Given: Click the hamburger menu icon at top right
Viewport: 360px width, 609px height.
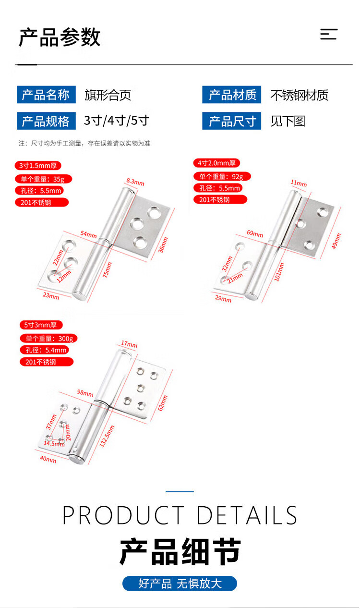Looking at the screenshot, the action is pos(329,34).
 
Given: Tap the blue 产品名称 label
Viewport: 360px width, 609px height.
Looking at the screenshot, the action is pos(46,95).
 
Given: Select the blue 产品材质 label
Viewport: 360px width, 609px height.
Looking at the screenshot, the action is pos(231,95).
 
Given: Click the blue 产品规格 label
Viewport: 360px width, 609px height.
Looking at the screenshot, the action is pos(46,121).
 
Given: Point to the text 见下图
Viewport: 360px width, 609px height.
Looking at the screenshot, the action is pos(288,121).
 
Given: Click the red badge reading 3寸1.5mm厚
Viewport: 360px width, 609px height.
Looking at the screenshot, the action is pos(38,165).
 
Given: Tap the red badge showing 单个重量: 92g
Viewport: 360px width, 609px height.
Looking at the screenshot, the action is pos(222,176).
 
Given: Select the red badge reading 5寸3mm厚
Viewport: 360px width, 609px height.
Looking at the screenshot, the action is pos(41,325).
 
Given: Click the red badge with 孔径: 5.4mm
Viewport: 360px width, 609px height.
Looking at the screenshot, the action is pos(44,350).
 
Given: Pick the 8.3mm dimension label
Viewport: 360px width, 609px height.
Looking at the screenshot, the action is pos(135,182).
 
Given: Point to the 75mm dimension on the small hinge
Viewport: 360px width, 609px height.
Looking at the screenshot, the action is pos(107,270).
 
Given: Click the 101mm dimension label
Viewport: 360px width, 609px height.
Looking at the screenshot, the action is pos(279,272).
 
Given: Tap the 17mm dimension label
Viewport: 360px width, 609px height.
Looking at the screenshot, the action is pos(129,344).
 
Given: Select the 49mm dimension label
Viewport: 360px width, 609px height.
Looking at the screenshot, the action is pos(336,241).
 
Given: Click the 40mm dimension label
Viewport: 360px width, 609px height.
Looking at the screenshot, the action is pos(48,459).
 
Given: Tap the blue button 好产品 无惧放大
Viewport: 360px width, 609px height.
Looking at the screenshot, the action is pos(180,584).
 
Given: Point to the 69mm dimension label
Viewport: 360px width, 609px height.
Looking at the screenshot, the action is pos(255,233).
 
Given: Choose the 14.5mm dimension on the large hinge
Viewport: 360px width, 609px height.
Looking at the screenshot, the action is pos(54,443).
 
